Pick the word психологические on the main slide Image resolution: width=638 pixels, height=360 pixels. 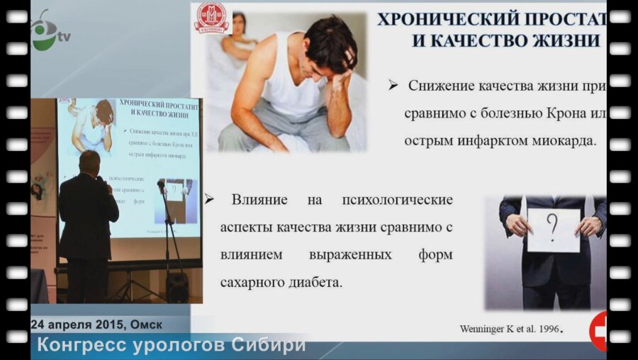pos(397,199)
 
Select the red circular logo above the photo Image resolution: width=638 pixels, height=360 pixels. pos(212,18)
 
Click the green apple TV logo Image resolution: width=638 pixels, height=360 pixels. pos(43,32)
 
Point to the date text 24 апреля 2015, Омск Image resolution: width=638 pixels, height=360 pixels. pos(96,324)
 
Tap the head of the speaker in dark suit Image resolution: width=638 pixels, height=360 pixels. pos(91,162)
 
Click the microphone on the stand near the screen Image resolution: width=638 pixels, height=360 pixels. pos(161,185)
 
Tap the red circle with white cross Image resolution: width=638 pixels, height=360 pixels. pos(599,330)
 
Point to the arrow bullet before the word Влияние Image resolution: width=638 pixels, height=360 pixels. pos(209,199)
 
